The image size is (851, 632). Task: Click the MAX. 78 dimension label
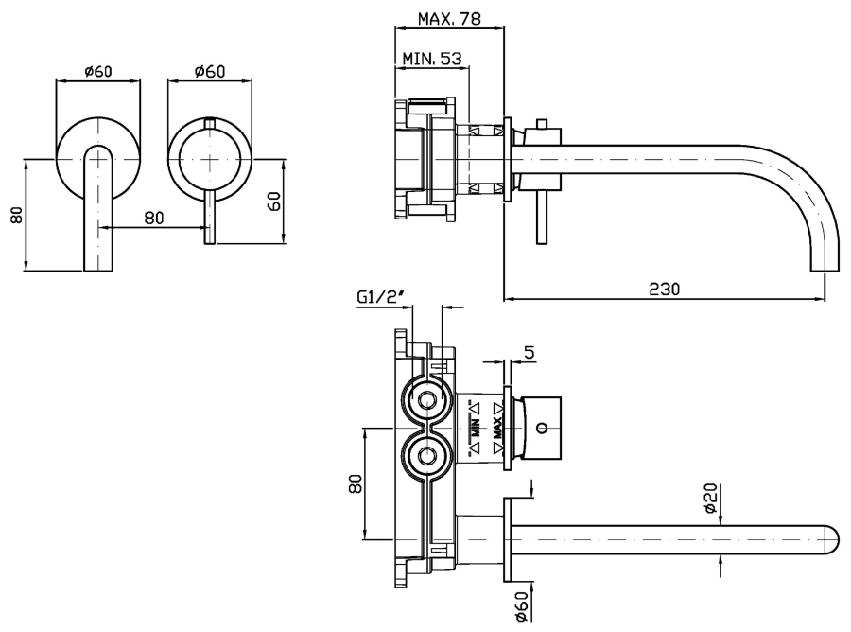448,18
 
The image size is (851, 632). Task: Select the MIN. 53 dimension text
431,59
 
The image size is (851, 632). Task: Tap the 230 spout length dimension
665,287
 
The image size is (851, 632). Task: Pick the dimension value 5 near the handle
529,352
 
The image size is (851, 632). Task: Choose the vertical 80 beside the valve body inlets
356,483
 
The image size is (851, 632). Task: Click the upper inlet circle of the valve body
426,400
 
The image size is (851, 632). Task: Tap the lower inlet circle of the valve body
426,459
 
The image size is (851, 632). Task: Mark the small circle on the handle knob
541,428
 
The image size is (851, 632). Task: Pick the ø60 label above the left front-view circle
98,71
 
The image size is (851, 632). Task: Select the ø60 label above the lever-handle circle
209,71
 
